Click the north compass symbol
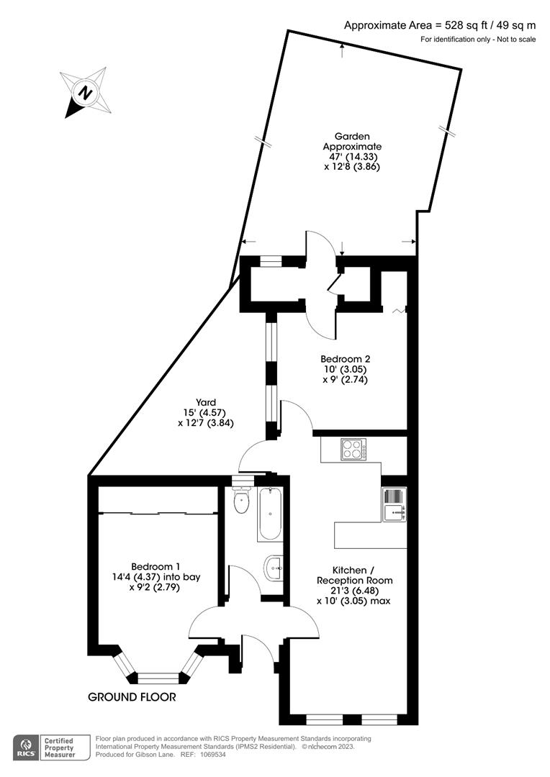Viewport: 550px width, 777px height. (86, 93)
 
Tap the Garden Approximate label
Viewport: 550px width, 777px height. (351, 151)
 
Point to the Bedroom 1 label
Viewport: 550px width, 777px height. (155, 576)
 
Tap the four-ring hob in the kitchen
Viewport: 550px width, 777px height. (352, 450)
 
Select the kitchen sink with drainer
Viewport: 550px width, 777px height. (394, 504)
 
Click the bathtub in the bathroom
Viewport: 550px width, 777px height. (270, 514)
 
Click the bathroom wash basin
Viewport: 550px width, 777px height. (274, 568)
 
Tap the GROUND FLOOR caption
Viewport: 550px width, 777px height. (132, 697)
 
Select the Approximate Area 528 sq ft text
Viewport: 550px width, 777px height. (440, 26)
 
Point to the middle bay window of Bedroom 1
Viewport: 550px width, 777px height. (158, 677)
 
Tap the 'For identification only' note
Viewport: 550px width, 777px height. (478, 39)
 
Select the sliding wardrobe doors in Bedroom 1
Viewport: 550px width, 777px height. (158, 513)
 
